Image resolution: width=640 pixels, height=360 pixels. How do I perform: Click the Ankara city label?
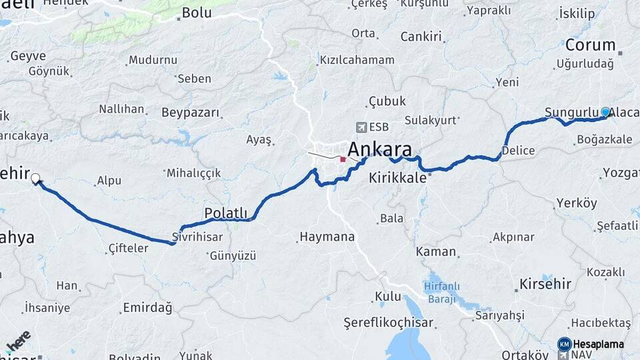(x=379, y=149)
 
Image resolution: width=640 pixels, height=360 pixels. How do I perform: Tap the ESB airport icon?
(x=361, y=127)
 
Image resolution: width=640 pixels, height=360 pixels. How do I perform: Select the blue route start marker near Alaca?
(x=605, y=112)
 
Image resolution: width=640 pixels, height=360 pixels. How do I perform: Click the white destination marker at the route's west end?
(x=35, y=179)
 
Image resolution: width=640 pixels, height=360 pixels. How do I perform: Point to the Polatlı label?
(x=225, y=213)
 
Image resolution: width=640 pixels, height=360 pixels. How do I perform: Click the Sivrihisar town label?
(x=197, y=237)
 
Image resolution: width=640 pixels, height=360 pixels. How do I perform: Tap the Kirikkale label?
(x=397, y=178)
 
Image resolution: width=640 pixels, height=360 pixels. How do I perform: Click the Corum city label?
(x=591, y=45)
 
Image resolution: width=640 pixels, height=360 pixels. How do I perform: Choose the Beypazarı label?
(x=190, y=112)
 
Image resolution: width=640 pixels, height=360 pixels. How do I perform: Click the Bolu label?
(x=197, y=12)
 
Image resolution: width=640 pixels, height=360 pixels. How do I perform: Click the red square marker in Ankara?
(x=343, y=159)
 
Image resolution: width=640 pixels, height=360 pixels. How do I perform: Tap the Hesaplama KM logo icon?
(x=564, y=344)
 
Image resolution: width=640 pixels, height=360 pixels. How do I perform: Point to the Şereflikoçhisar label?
(x=388, y=323)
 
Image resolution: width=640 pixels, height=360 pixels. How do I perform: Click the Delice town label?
(x=518, y=151)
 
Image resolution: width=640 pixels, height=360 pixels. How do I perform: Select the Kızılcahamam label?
(x=357, y=60)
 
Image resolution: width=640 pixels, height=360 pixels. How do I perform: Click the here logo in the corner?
(x=19, y=341)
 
